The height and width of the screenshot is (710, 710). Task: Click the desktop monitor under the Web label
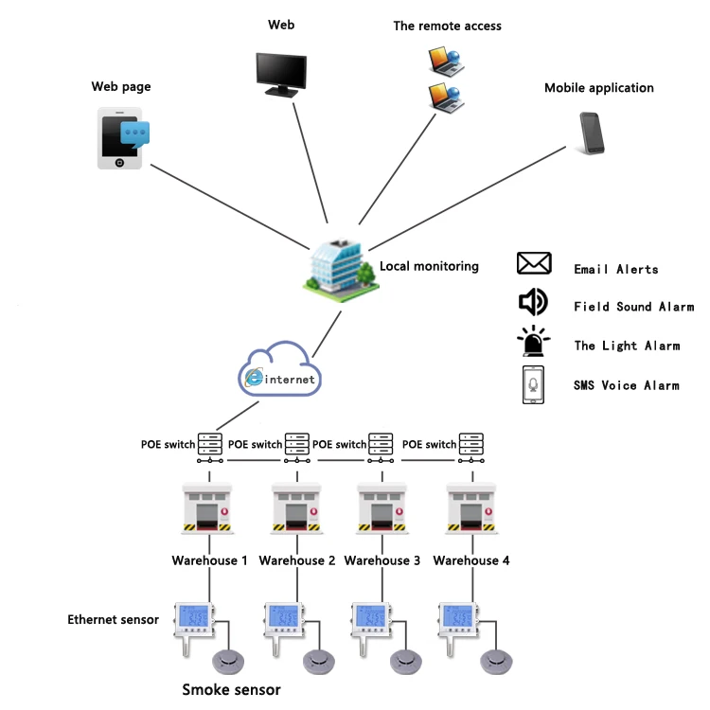click(x=281, y=73)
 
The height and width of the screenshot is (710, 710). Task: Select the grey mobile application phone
click(x=593, y=133)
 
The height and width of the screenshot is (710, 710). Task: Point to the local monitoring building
click(x=338, y=265)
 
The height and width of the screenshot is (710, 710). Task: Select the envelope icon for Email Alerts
click(x=534, y=264)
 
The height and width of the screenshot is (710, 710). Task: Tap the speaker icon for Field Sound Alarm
click(x=533, y=302)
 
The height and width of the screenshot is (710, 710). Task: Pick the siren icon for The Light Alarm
click(x=534, y=342)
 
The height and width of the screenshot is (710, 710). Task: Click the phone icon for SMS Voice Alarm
click(x=534, y=384)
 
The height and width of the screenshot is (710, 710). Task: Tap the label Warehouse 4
click(x=471, y=560)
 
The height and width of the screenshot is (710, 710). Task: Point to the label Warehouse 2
click(x=296, y=560)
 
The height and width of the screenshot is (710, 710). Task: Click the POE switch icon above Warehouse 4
click(x=471, y=444)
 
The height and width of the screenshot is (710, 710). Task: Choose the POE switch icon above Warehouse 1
click(x=209, y=444)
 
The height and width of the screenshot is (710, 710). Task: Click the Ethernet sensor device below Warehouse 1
click(x=195, y=620)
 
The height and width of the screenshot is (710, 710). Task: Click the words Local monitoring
click(x=429, y=267)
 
